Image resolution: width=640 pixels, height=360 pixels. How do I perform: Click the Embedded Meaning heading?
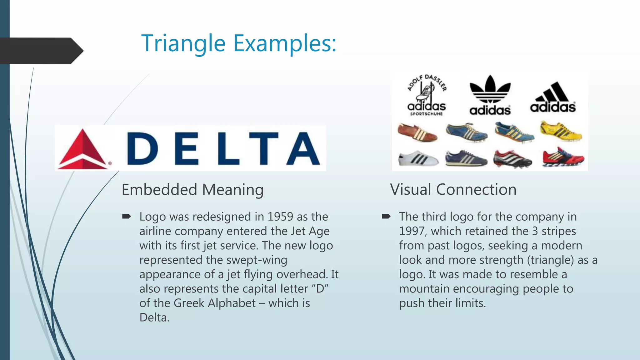(x=192, y=190)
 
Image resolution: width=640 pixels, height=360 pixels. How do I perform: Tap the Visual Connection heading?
(x=453, y=190)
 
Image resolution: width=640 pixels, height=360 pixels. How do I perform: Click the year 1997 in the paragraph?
(x=413, y=231)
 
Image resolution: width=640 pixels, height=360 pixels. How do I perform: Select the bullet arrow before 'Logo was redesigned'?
(x=127, y=216)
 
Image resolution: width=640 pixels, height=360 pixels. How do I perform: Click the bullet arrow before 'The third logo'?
(x=386, y=216)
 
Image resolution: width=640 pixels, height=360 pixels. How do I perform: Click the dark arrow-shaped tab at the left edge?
(x=41, y=51)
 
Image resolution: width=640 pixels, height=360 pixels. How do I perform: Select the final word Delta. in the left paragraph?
(x=154, y=317)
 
